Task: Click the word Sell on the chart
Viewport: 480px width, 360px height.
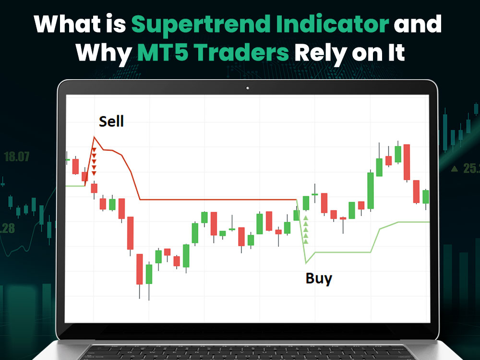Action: tap(111, 121)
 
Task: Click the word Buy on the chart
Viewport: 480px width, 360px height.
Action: tap(319, 278)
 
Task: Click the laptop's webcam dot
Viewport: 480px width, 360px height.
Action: tap(247, 88)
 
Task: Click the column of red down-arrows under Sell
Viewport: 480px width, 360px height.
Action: tap(94, 161)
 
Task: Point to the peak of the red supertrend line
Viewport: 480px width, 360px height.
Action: tap(94, 137)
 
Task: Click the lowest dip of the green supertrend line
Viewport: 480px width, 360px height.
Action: tap(306, 263)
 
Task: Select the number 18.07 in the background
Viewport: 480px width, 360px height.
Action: tap(16, 156)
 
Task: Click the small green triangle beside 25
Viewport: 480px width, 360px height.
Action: tap(454, 168)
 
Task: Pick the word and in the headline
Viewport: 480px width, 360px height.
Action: tap(417, 24)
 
